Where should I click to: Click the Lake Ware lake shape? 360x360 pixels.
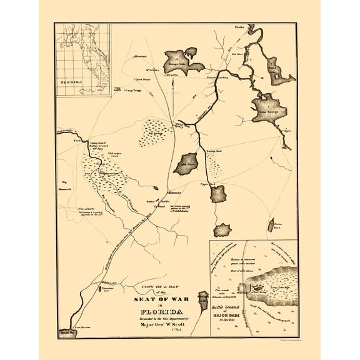[x=187, y=164]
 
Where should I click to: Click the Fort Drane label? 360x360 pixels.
[x=145, y=79]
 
